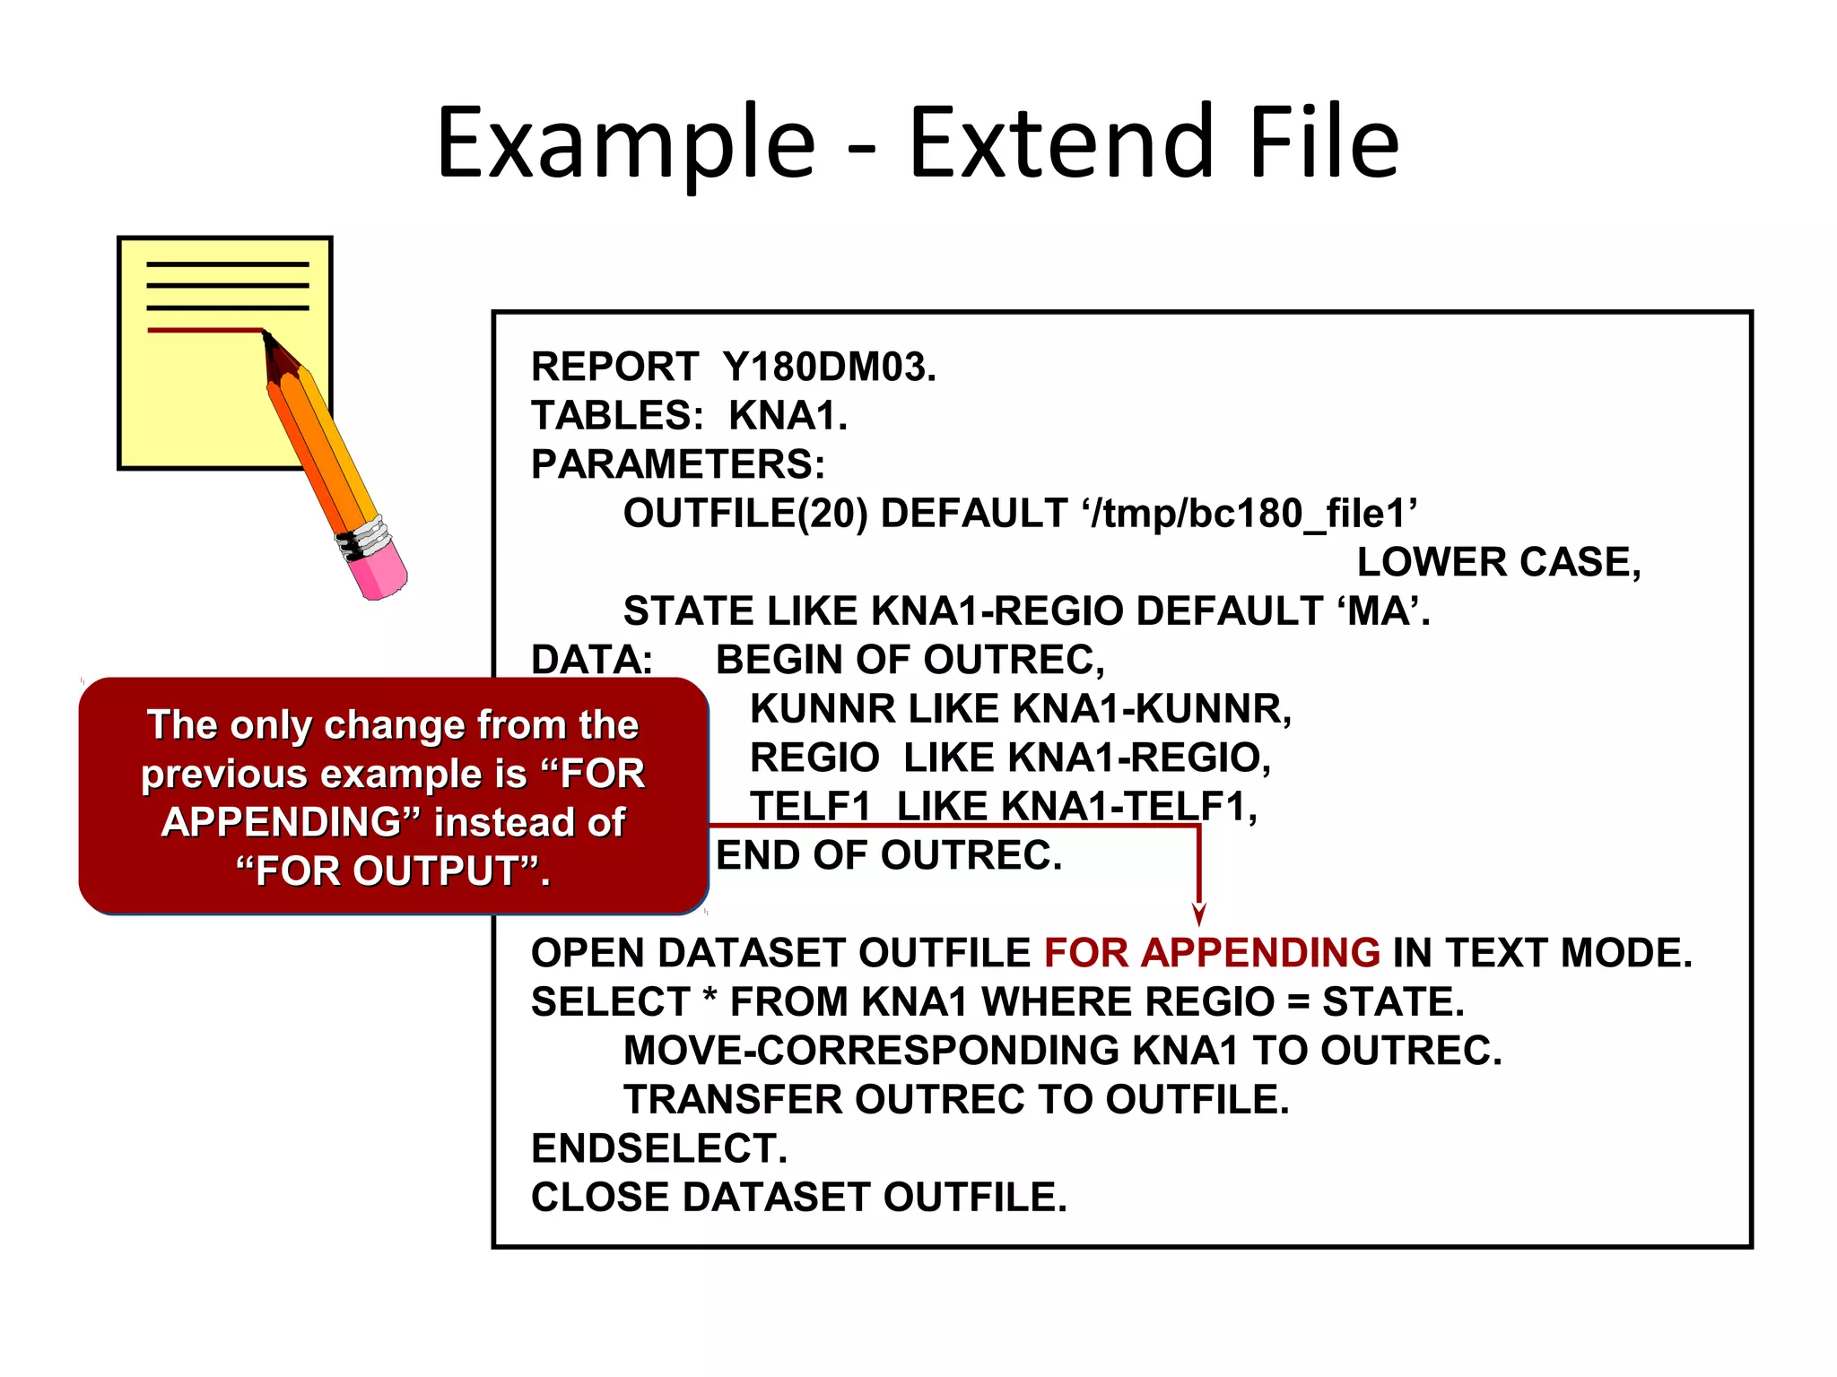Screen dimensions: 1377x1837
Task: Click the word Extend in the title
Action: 1061,143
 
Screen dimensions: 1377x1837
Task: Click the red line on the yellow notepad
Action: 205,331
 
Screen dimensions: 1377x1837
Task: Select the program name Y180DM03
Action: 829,368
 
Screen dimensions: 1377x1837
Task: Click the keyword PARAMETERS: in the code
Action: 678,465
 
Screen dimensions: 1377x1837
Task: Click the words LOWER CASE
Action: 1498,563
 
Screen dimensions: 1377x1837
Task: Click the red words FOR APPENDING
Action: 1212,953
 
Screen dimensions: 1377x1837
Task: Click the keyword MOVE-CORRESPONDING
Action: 871,1051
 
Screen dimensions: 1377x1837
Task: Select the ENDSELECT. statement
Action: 659,1149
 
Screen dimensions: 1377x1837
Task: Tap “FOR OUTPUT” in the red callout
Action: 392,871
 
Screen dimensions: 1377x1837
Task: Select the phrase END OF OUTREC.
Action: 888,856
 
